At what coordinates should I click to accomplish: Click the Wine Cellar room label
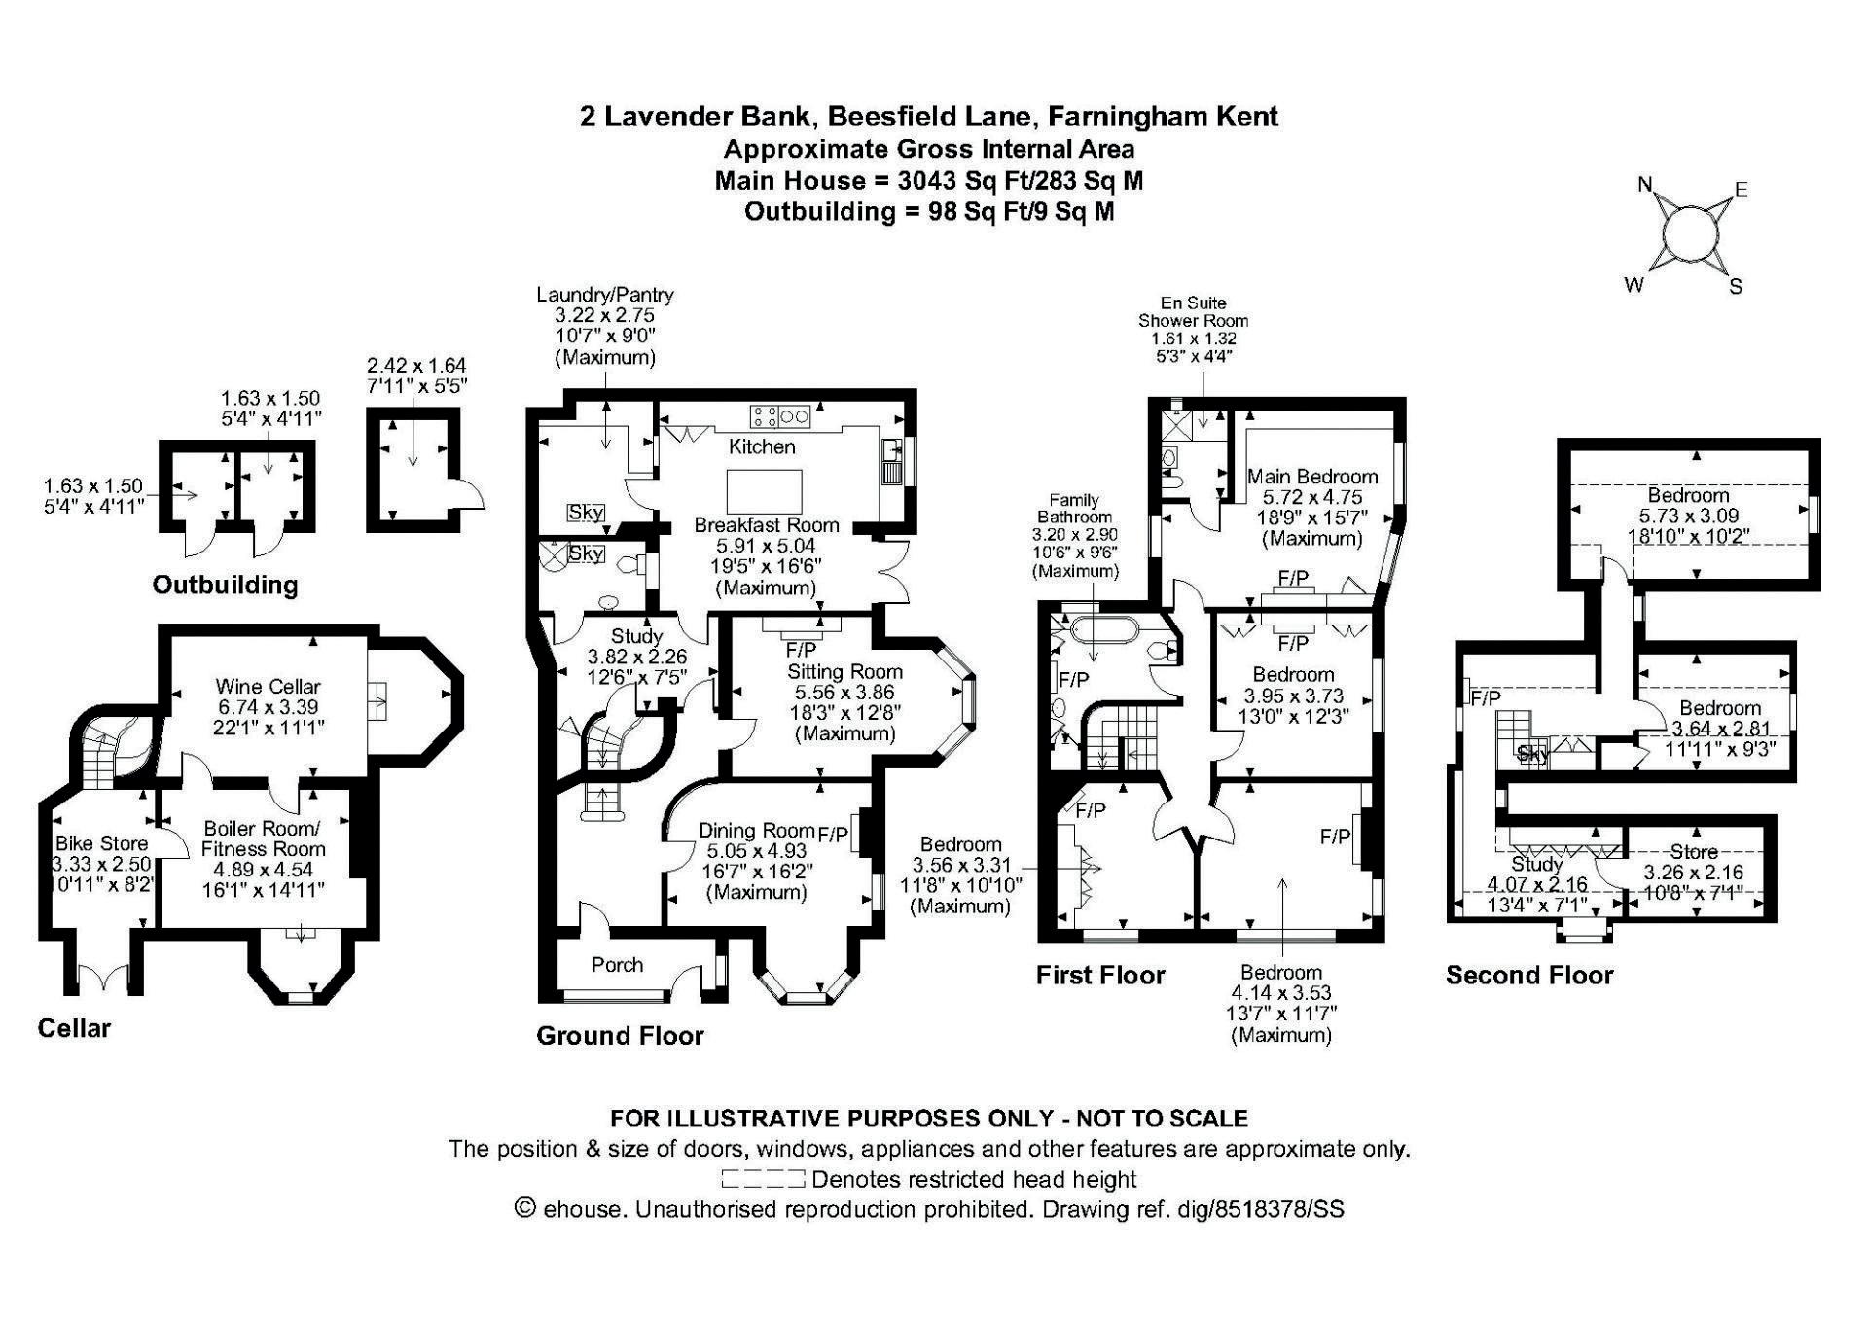[268, 687]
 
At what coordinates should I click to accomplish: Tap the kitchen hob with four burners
[779, 416]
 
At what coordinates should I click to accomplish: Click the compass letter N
[1645, 184]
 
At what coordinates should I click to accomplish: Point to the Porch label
[617, 964]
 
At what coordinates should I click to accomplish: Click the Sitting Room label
[844, 671]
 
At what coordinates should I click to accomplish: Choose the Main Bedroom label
[1312, 477]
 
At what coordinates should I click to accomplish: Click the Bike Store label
[101, 843]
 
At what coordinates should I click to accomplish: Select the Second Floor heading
[1528, 975]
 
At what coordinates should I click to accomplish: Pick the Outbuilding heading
[225, 585]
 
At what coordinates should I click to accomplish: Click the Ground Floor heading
[620, 1035]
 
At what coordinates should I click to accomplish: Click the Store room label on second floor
[1694, 852]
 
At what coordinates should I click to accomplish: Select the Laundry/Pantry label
[605, 295]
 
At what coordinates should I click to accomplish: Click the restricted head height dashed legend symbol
[763, 1180]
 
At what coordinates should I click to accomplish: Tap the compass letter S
[1736, 286]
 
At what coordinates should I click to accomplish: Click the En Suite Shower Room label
[1193, 311]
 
